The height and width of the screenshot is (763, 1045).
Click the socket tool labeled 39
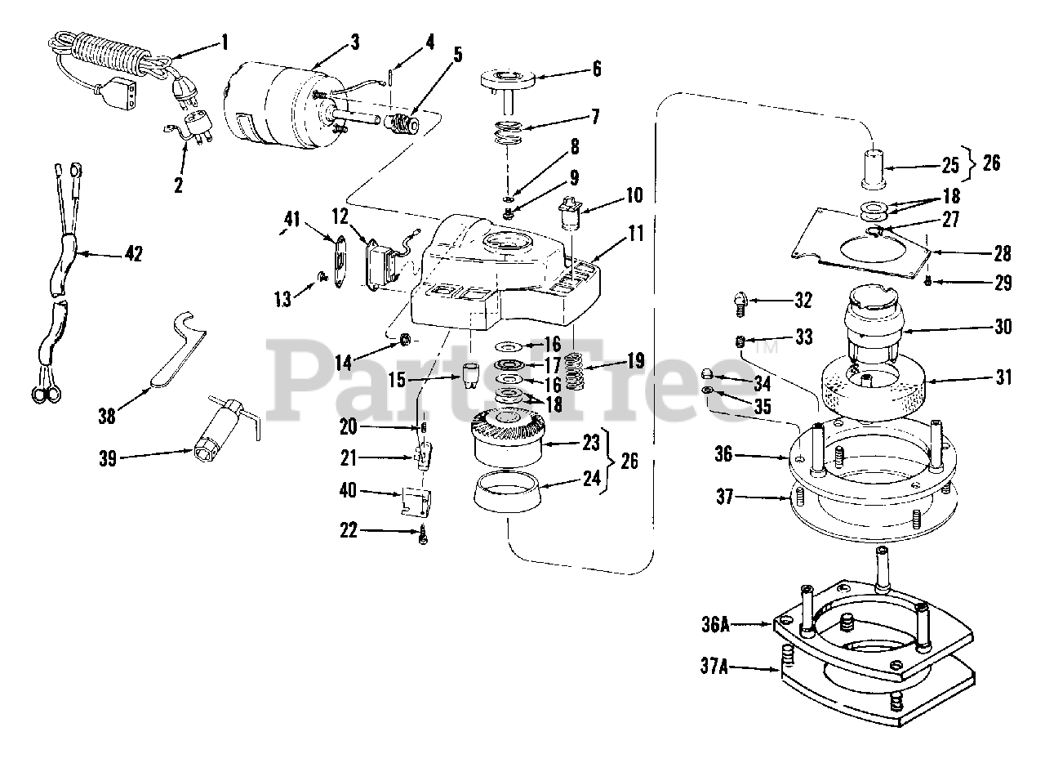point(225,429)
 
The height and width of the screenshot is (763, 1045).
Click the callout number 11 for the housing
point(636,234)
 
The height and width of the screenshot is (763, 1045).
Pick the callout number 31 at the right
point(1003,377)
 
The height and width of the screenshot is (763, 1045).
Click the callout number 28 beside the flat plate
point(1003,252)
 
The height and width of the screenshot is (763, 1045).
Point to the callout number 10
point(634,196)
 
